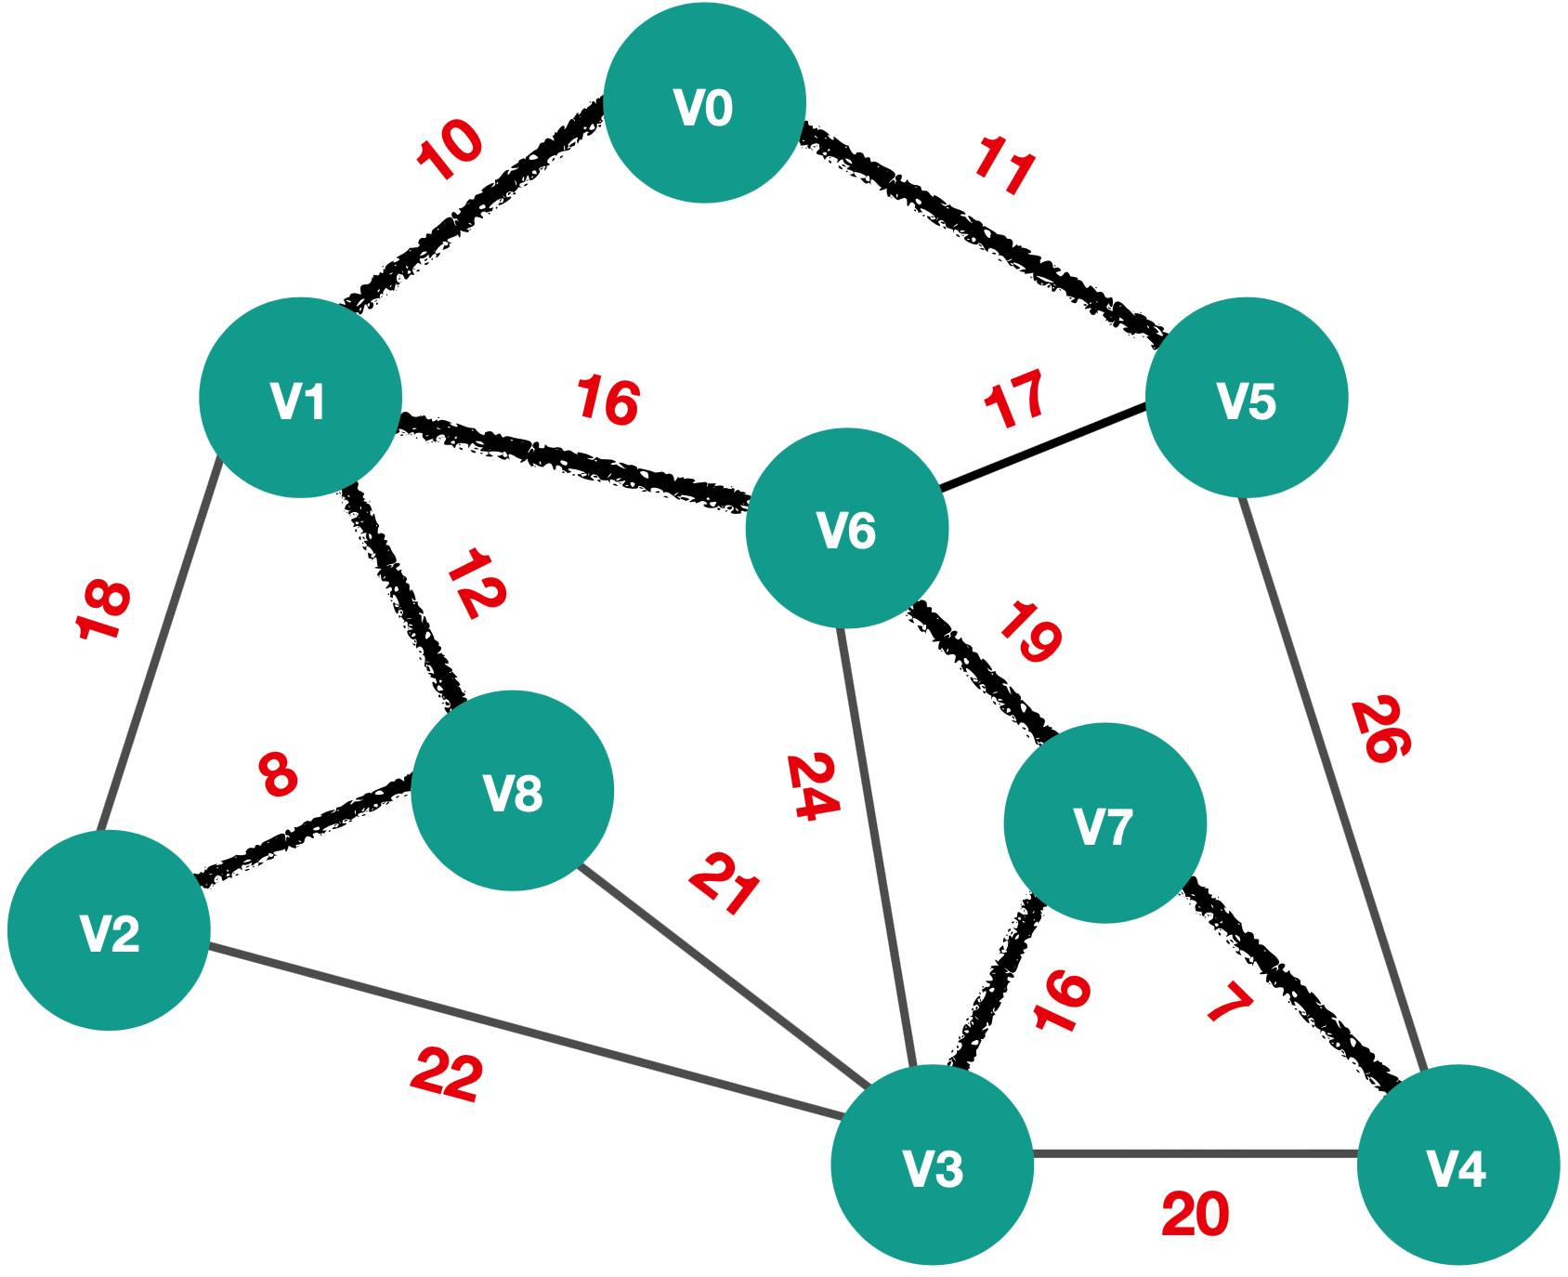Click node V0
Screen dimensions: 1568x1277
(x=704, y=103)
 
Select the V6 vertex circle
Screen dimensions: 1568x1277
(x=847, y=528)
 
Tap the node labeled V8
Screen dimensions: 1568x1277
(x=512, y=791)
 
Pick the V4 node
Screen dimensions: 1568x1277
(x=1457, y=1165)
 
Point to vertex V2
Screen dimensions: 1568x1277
(x=110, y=930)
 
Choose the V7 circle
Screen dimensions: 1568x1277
(x=1104, y=823)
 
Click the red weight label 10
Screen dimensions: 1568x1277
(x=450, y=149)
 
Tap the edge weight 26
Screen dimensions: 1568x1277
(x=1380, y=730)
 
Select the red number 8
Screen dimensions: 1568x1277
(x=279, y=774)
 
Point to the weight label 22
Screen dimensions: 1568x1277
(x=447, y=1074)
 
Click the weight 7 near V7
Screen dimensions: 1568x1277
(x=1231, y=1003)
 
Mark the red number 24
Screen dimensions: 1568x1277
(x=813, y=787)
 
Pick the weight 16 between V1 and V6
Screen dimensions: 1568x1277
(x=608, y=401)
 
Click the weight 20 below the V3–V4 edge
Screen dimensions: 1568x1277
(x=1196, y=1214)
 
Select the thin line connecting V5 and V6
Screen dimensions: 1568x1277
(x=1041, y=447)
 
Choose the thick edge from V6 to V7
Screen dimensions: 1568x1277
(x=983, y=671)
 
